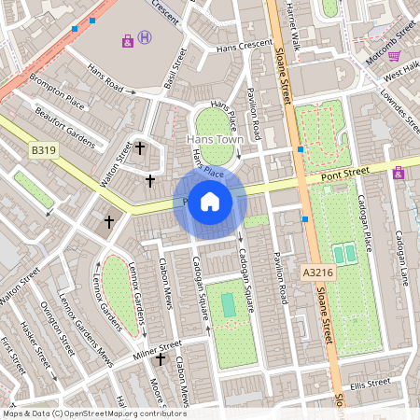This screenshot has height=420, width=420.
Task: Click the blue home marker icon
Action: pos(210,202)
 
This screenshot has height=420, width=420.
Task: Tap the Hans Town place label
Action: pos(217,139)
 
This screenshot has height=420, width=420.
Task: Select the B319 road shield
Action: pos(43,148)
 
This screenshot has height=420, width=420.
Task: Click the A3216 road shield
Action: pos(316,273)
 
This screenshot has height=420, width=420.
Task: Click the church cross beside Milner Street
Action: pos(161,359)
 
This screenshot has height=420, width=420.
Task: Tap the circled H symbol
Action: pos(145,37)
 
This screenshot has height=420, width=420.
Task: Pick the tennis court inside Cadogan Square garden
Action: pos(229,303)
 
